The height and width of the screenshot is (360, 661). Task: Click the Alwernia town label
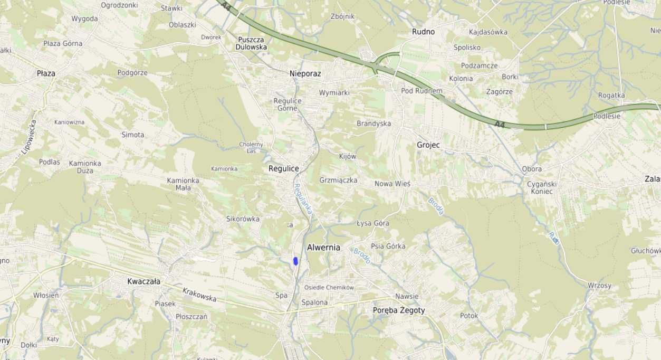[x=323, y=248]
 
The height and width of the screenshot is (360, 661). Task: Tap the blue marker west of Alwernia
[x=296, y=261]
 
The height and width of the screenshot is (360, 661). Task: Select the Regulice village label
[x=283, y=169]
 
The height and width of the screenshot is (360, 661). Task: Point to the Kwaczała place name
[x=143, y=281]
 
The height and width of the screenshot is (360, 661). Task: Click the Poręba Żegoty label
[x=398, y=310]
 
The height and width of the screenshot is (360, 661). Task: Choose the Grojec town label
[x=428, y=145]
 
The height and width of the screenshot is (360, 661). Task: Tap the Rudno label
[x=423, y=32]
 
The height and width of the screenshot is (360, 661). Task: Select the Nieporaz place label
[x=305, y=74]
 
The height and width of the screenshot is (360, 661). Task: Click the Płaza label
[x=46, y=73]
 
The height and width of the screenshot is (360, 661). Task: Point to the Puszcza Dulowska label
[x=252, y=43]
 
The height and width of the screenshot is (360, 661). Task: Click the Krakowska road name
[x=199, y=295]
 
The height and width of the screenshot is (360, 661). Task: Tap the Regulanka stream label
[x=303, y=198]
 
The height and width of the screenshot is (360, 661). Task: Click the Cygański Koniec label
[x=540, y=187]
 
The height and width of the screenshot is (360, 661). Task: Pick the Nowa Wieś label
[x=392, y=184]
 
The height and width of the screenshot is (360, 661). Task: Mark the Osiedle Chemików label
[x=329, y=288]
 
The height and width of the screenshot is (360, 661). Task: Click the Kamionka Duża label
[x=84, y=167]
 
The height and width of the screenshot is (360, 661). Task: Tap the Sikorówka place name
[x=243, y=219]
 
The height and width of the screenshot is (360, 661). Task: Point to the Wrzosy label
[x=599, y=286]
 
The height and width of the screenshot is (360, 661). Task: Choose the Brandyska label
[x=373, y=124]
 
